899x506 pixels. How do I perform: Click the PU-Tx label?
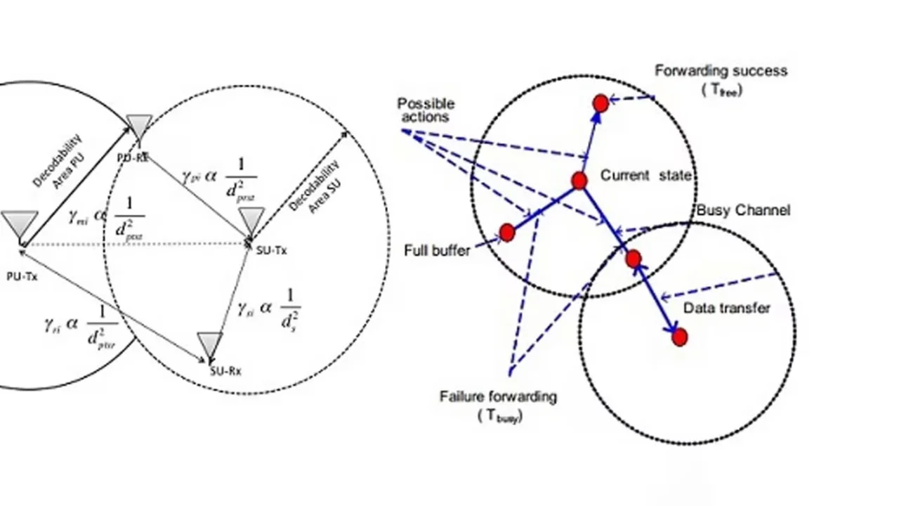(22, 276)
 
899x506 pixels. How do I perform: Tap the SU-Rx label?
(225, 371)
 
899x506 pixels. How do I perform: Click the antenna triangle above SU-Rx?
(209, 344)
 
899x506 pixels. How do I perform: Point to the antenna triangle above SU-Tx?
(252, 221)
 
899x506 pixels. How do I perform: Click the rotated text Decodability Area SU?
(313, 186)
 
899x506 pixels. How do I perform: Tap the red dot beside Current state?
(579, 181)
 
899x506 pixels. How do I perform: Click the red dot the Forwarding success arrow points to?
(600, 103)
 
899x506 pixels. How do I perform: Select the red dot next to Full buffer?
(506, 233)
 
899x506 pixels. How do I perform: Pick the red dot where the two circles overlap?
(633, 259)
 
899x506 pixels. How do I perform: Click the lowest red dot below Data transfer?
(679, 337)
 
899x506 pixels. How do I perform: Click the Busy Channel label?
(743, 210)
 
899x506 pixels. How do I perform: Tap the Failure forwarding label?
(498, 396)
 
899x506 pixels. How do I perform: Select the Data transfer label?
(726, 308)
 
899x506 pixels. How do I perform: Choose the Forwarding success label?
(721, 70)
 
